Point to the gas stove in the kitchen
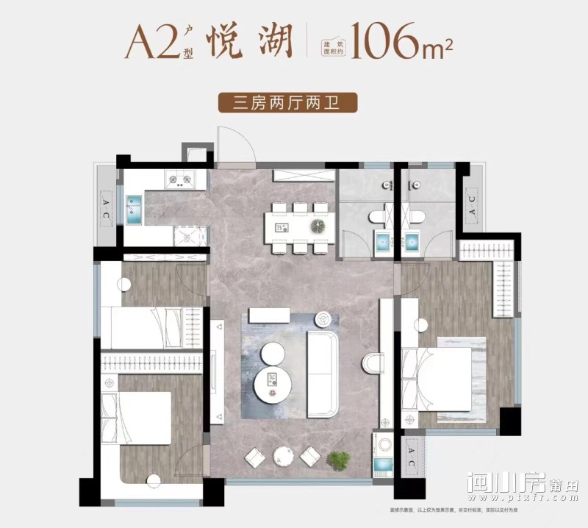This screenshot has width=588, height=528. [x=181, y=178]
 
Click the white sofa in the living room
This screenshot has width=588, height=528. [x=321, y=363]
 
